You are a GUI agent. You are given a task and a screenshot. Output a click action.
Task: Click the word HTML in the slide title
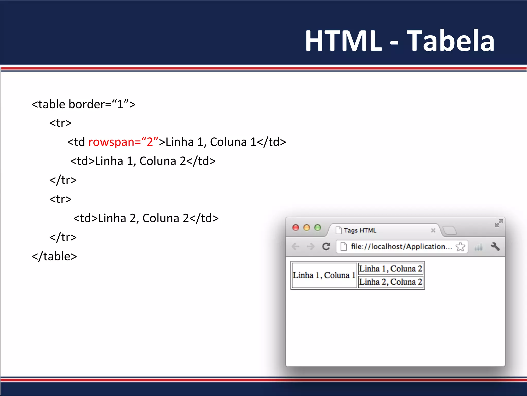[x=344, y=41]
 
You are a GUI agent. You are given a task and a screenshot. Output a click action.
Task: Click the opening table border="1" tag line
[x=84, y=104]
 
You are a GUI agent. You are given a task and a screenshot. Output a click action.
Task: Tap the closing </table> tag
[x=54, y=256]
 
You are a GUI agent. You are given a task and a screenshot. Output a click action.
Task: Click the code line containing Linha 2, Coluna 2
[x=146, y=218]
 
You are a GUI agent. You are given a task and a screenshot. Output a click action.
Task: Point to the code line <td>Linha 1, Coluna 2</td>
[x=143, y=161]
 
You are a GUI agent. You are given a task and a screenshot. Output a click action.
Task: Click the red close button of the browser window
[x=296, y=228]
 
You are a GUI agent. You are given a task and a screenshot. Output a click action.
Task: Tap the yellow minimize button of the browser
[x=307, y=228]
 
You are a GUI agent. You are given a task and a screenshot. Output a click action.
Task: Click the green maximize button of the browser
[x=318, y=228]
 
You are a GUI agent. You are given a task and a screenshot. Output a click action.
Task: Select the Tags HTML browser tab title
[x=360, y=230]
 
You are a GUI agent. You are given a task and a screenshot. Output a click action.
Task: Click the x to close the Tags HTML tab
[x=433, y=230]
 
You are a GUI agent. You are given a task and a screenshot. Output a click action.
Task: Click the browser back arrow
[x=295, y=246]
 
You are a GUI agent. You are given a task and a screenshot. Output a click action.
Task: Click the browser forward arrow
[x=311, y=246]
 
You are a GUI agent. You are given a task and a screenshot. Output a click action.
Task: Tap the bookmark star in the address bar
[x=460, y=246]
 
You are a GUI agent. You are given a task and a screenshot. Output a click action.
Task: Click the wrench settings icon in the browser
[x=495, y=246]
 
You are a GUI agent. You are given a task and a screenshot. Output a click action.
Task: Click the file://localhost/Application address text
[x=401, y=246]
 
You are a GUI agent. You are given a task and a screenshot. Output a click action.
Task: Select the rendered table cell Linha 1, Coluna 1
[x=324, y=275]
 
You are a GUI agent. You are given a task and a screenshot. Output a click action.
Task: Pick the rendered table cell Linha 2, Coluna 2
[x=391, y=282]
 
